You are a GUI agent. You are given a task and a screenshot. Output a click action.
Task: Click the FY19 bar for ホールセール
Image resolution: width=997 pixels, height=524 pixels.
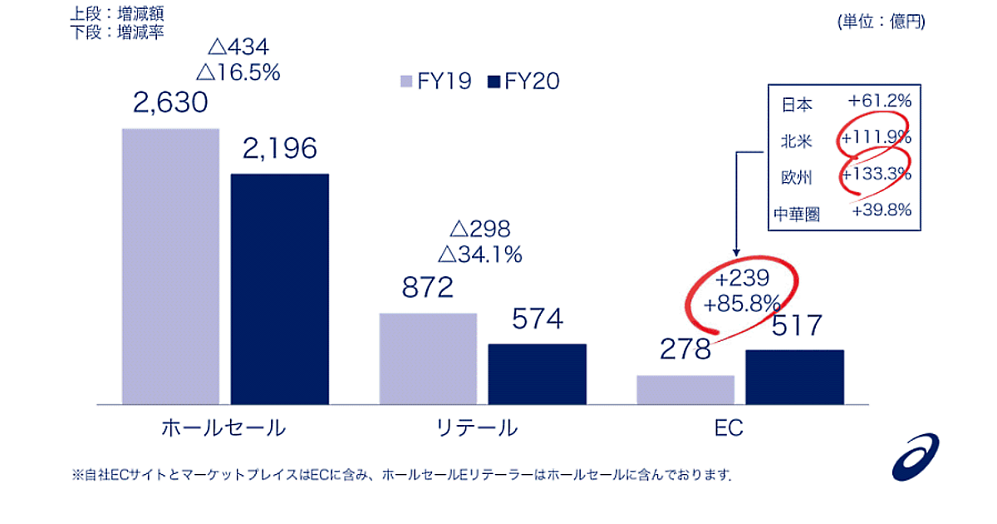[170, 266]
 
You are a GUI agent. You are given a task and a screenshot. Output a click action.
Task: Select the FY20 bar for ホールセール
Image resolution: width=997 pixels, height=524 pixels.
[279, 289]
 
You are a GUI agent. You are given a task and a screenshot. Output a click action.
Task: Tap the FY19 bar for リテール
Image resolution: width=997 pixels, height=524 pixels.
[428, 358]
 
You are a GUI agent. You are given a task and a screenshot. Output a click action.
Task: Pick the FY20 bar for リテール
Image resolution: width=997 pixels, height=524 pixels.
[537, 373]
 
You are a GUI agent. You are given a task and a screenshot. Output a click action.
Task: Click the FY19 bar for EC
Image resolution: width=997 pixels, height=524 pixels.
[685, 389]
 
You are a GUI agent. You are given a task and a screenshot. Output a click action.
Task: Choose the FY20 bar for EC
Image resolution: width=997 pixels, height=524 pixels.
[794, 377]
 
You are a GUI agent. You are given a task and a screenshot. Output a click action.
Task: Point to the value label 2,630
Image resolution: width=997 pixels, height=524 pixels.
[170, 104]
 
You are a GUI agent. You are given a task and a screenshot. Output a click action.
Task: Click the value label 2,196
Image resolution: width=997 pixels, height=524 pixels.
[280, 150]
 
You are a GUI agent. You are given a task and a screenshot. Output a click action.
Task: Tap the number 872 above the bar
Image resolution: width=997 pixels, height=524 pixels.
[428, 289]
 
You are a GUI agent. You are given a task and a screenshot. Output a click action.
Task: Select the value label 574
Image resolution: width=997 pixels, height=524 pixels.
[537, 319]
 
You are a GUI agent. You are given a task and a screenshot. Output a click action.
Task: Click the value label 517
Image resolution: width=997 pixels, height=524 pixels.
[796, 325]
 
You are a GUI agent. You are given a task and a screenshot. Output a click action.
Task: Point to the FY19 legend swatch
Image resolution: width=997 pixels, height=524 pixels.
[406, 81]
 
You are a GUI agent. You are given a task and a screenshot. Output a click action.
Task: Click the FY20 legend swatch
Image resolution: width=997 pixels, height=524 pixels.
[492, 81]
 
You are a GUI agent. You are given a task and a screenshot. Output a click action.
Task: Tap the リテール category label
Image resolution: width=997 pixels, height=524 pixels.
[477, 428]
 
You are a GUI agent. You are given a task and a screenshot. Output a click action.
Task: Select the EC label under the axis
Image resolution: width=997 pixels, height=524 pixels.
[728, 429]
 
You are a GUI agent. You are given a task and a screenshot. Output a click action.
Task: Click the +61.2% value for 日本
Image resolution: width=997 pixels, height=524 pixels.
[880, 101]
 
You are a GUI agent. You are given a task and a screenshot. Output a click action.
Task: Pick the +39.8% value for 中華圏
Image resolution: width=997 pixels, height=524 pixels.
[882, 210]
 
